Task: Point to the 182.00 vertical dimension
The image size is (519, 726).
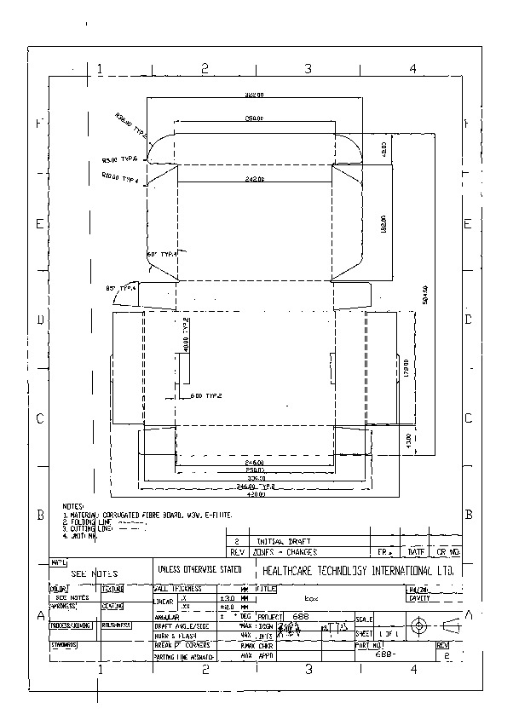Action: coord(384,223)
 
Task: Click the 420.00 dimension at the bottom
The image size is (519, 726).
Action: coord(255,494)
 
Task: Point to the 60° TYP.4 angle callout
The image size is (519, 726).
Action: coord(162,254)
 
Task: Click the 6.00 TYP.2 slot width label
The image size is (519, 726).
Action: coord(205,396)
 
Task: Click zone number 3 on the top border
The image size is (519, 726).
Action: coord(308,68)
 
